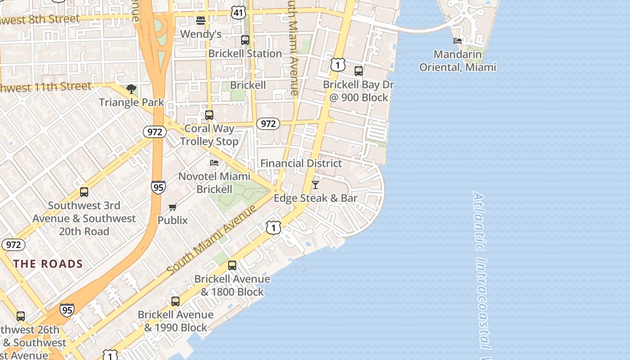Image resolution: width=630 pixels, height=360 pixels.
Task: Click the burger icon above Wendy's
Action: pos(201,20)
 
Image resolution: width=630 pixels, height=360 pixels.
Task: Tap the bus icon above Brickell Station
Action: pos(245,40)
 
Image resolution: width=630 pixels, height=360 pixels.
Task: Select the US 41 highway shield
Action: pos(238,13)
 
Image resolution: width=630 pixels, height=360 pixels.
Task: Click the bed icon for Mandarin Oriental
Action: pos(458,40)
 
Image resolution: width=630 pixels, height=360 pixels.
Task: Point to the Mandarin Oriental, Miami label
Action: pos(458,61)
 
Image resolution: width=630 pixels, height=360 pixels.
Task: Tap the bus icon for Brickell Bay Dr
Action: pos(359,71)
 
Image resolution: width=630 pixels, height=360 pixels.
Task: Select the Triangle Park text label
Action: pos(131,102)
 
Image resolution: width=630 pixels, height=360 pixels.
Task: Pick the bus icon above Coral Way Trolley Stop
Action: pos(209,115)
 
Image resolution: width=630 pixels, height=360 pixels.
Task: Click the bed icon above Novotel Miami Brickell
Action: pos(214,162)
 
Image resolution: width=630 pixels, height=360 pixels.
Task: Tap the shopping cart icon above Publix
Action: pos(173,207)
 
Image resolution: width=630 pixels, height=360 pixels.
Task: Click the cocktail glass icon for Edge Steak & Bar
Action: pos(315,184)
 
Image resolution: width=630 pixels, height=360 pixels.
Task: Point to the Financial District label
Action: pos(301,163)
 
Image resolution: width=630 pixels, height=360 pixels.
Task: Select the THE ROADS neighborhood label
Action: pos(48,264)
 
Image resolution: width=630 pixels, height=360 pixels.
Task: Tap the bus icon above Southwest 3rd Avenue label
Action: pos(84,192)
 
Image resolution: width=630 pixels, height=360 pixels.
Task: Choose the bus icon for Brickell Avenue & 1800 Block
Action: pos(232,265)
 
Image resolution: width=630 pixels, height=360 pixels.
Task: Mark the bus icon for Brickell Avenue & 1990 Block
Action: pos(175,301)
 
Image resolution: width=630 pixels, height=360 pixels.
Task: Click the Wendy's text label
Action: pos(201,34)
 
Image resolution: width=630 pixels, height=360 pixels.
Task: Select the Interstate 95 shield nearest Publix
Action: pos(158,187)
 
